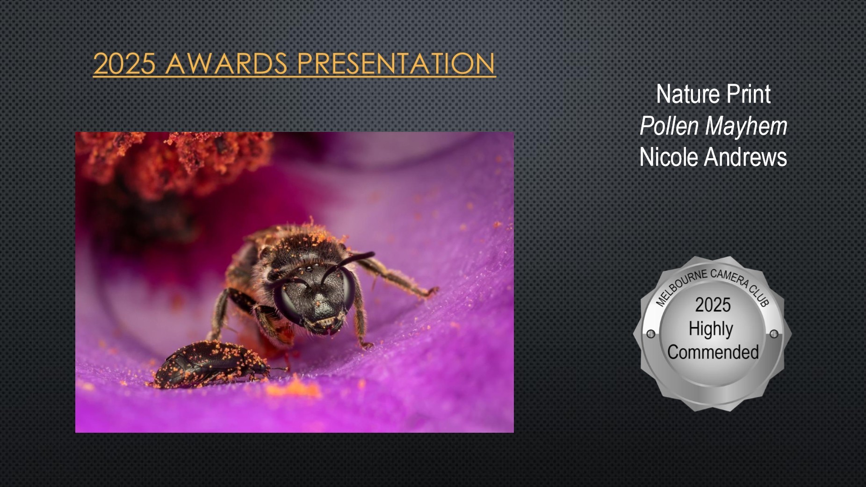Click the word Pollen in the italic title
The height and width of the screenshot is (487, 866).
coord(669,126)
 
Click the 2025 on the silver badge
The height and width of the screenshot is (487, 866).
coord(713,305)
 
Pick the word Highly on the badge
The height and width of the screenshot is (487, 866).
coord(711,329)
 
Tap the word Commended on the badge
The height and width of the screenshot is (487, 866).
coord(713,352)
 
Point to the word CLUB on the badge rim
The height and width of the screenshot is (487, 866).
coord(760,296)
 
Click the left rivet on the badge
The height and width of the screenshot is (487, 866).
coord(650,334)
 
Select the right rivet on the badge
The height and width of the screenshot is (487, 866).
coord(774,334)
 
